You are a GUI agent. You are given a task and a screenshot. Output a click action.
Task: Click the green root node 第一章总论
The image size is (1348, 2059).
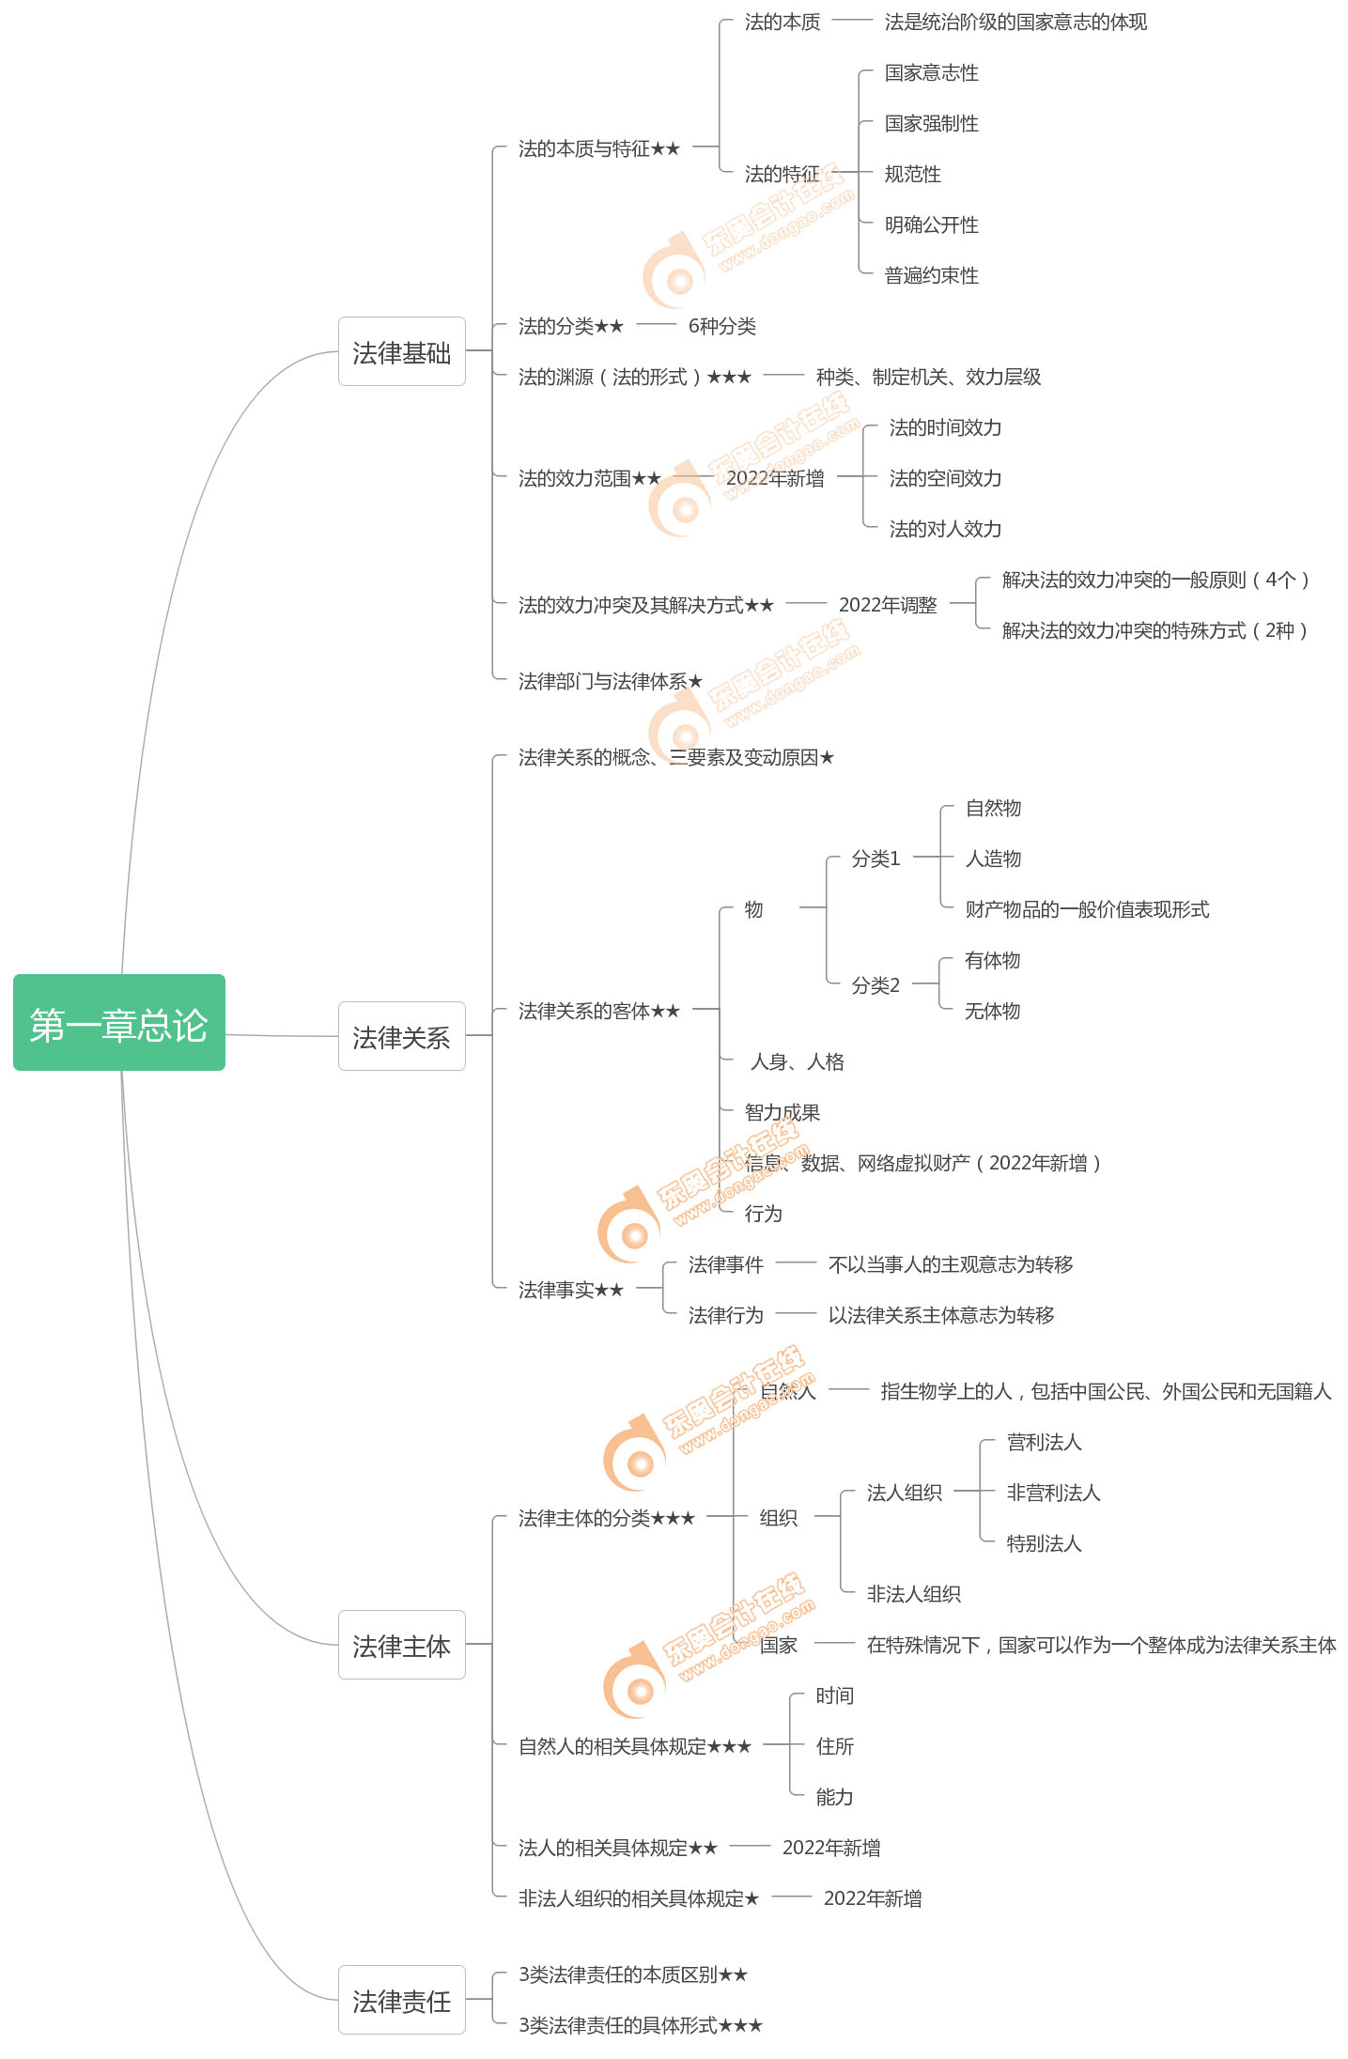click(119, 1023)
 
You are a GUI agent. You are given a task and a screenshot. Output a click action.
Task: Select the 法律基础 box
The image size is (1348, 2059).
click(401, 352)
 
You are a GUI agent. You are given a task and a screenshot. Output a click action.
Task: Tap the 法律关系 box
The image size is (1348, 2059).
click(401, 1037)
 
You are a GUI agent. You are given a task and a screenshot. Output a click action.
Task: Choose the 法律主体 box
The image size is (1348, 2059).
click(401, 1646)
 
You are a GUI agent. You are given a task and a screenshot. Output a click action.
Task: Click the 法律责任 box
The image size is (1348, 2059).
click(401, 2001)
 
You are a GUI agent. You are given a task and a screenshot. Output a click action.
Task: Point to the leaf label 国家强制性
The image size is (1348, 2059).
click(931, 124)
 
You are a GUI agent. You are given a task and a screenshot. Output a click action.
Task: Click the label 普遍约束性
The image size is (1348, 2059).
click(931, 276)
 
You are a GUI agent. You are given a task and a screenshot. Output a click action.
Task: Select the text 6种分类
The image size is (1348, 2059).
click(721, 327)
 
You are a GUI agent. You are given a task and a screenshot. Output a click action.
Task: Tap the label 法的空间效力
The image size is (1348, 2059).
click(945, 479)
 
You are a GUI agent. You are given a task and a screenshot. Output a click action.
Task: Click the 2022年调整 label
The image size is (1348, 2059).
click(888, 606)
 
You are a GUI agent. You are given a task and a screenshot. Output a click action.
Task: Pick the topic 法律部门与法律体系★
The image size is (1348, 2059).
click(610, 682)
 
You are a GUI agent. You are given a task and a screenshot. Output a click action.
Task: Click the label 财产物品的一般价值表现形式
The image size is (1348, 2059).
click(1087, 910)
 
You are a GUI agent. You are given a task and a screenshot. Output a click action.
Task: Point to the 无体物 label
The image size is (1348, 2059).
click(992, 1012)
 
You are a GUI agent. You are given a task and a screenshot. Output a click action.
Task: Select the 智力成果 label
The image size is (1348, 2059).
click(782, 1113)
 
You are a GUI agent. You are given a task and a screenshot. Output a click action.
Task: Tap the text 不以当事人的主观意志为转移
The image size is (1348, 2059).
click(950, 1265)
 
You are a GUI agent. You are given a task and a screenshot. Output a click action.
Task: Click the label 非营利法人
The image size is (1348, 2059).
click(1053, 1494)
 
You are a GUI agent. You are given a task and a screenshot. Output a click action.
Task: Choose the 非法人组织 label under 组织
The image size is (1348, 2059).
click(913, 1595)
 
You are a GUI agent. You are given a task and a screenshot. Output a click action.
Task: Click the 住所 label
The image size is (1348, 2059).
click(834, 1747)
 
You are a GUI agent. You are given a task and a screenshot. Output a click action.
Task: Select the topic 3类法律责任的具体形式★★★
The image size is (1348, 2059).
click(640, 2026)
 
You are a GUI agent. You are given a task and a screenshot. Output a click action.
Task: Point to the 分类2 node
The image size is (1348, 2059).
click(875, 986)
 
